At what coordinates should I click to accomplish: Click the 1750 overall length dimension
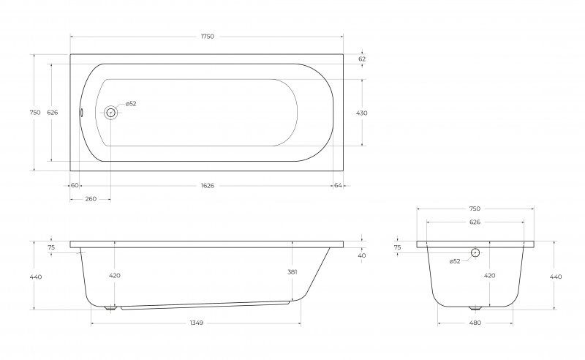tap(208, 37)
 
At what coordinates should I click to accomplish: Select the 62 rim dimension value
tap(362, 59)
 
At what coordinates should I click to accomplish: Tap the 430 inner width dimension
tap(362, 113)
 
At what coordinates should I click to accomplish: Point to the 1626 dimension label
tap(208, 185)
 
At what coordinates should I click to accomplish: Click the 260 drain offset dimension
tap(91, 199)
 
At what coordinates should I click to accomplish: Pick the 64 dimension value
tap(338, 185)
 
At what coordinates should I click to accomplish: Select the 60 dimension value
tap(75, 185)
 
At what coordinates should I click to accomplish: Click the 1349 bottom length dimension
tap(196, 323)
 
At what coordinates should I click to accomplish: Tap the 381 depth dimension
tap(292, 272)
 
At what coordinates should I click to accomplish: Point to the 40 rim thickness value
tap(362, 256)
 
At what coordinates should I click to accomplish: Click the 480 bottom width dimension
tap(475, 323)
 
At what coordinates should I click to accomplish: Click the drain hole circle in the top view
tap(110, 113)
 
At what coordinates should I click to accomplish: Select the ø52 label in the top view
tap(131, 103)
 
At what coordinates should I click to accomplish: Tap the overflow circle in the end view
tap(475, 252)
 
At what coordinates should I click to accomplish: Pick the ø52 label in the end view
tap(455, 261)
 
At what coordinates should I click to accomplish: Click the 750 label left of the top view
tap(34, 113)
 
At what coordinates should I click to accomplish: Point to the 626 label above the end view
tap(475, 222)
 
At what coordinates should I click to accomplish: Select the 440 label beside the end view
tap(556, 277)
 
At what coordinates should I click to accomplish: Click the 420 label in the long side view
tap(115, 276)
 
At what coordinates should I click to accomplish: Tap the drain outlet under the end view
tap(475, 309)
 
